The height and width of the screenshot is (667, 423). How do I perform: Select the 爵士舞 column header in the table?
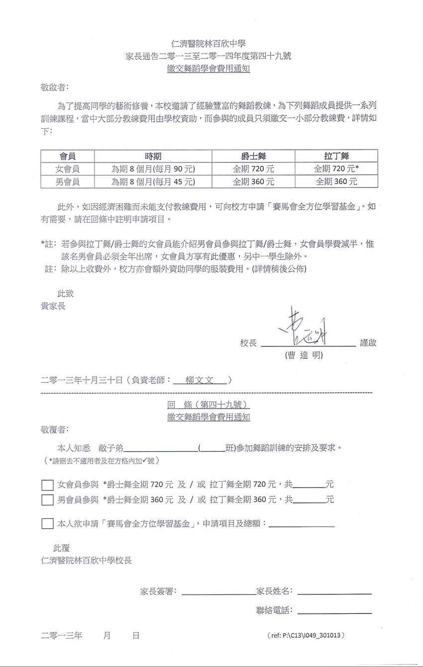pos(253,156)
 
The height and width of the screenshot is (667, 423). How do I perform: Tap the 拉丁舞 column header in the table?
pos(336,156)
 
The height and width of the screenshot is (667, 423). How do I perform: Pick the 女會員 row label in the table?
pos(67,168)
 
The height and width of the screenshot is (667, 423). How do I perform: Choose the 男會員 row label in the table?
pos(67,182)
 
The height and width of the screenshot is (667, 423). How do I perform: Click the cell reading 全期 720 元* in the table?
pos(336,168)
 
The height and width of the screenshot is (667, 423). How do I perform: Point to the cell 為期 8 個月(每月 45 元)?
pos(153,182)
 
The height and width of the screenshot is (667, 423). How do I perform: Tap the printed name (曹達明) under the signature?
pos(304,355)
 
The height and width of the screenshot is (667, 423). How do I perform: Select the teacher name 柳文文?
pos(199,380)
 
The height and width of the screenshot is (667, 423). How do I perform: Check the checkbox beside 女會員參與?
pos(47,485)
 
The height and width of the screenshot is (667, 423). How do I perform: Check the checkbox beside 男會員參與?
pos(47,500)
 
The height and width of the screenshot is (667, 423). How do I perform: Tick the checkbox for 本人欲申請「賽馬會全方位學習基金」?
pos(47,523)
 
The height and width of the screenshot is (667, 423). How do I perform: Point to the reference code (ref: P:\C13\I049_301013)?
pos(306,635)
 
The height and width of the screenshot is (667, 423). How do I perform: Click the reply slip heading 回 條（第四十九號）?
pos(209,405)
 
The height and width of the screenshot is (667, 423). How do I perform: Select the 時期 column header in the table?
pos(153,156)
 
